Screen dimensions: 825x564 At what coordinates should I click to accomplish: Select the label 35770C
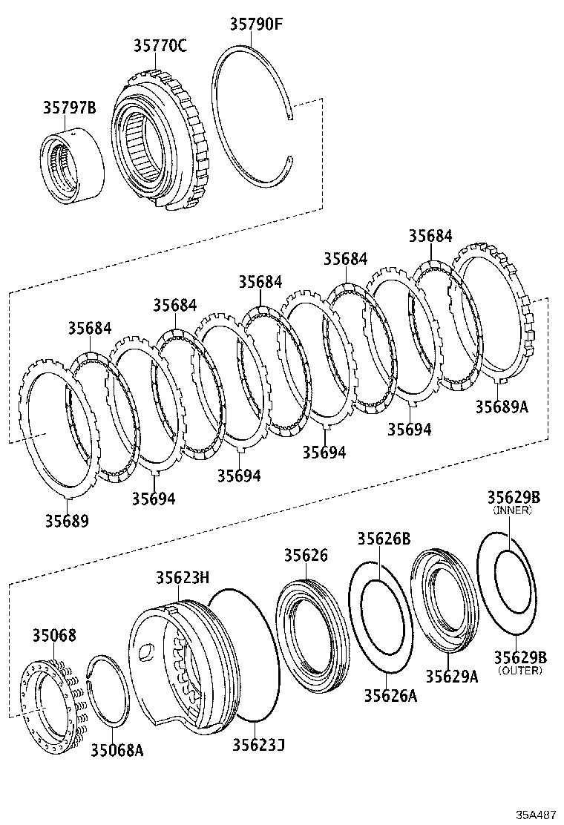pos(160,46)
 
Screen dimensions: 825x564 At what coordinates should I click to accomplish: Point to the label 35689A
pos(502,407)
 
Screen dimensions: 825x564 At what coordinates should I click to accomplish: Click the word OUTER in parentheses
pos(519,671)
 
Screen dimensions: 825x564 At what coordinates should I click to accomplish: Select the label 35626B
pos(384,539)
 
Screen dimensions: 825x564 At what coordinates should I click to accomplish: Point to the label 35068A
pos(117,750)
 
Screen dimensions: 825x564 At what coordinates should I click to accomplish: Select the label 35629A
pos(451,676)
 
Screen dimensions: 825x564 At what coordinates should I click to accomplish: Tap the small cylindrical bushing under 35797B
pos(71,168)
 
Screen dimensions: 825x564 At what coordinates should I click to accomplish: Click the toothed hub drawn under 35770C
pos(159,141)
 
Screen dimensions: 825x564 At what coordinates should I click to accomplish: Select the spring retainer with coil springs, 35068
pos(50,698)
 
